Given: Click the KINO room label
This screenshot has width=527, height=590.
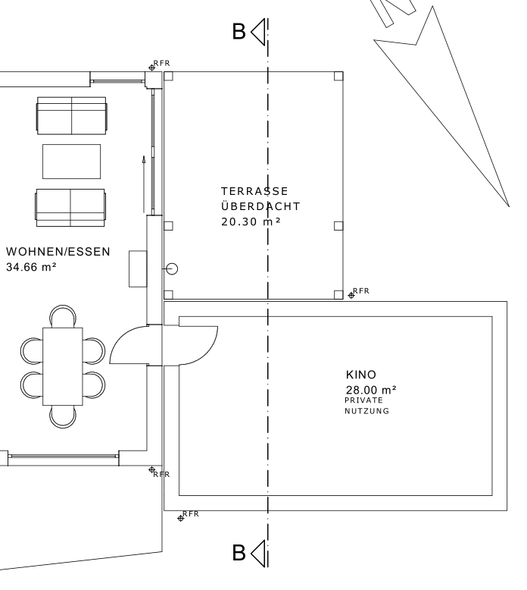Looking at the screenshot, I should [361, 375].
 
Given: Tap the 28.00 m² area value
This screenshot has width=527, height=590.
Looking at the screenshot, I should [371, 390].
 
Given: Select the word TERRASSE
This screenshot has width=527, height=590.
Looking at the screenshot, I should [254, 191].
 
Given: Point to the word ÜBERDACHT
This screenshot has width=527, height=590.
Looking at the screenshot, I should [260, 206].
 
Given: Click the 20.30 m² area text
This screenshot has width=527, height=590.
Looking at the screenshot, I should [251, 222].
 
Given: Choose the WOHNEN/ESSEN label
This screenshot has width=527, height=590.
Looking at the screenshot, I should [58, 251].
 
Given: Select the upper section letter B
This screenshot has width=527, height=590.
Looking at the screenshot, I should [239, 32].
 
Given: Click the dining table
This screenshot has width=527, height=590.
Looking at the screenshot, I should [63, 366].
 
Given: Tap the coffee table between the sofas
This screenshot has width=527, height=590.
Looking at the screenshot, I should [71, 161].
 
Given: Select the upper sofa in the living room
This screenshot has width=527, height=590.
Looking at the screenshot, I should [71, 115].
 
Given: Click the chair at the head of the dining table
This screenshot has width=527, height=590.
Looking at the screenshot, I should [63, 315].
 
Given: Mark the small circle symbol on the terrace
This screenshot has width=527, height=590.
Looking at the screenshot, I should [172, 268].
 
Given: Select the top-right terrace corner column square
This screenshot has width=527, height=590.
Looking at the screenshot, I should [338, 76].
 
